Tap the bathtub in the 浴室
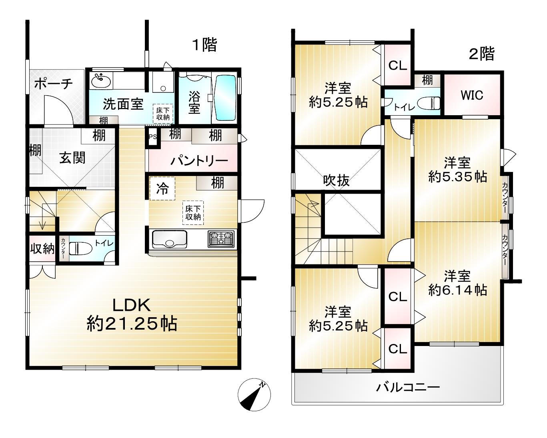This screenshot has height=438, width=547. [226, 98]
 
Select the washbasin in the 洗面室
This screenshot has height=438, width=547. [101, 81]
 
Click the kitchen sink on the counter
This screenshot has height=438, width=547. [169, 239]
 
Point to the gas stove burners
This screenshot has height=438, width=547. [221, 239]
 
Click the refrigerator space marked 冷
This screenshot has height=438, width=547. [162, 188]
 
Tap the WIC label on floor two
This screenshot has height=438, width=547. [472, 95]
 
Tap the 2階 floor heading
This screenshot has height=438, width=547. [482, 54]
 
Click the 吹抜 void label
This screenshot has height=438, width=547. [336, 181]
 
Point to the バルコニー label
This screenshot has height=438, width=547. [408, 388]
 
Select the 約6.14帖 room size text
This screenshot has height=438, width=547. [457, 290]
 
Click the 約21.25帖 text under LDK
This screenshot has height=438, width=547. [132, 324]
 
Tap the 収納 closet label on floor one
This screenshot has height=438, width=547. [42, 248]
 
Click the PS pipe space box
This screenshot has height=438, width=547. [153, 137]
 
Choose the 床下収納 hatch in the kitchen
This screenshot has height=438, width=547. [193, 213]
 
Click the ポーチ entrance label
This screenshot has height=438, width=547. [54, 84]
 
